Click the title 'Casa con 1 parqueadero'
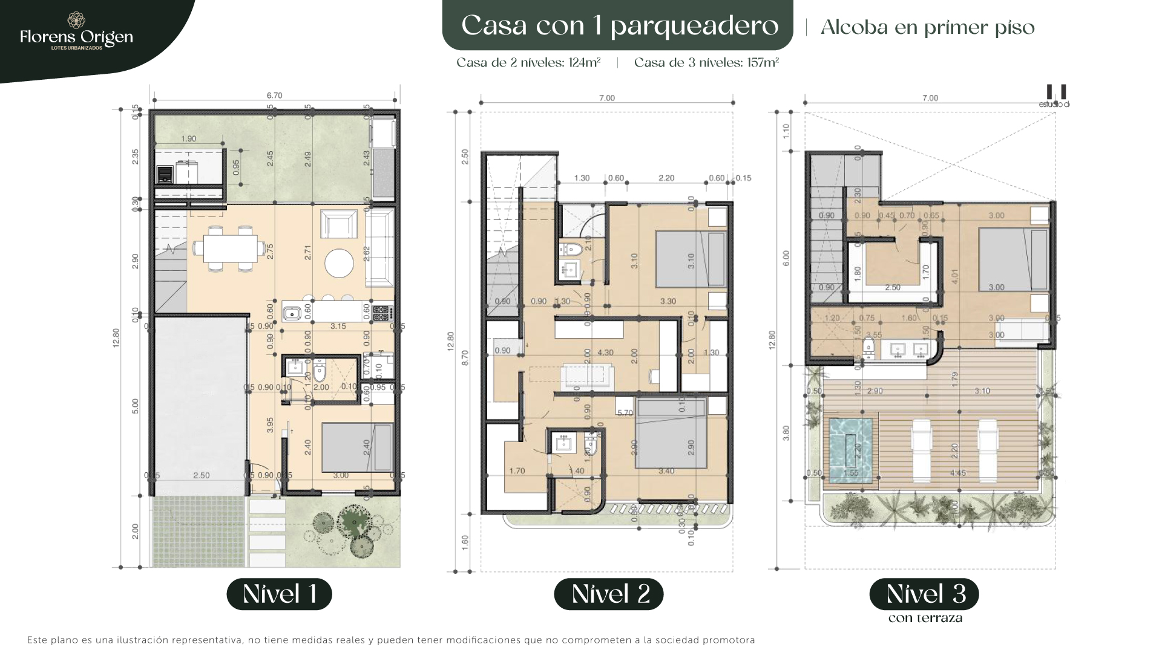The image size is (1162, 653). point(619,25)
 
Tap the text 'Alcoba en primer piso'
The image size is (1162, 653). point(927,27)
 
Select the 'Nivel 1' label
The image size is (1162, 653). point(279,594)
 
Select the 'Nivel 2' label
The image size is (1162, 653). point(608,594)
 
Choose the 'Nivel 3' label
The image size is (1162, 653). point(924,594)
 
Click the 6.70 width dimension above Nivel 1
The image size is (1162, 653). point(274,96)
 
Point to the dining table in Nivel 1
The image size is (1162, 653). point(228,248)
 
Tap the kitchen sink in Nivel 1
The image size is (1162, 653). point(292,313)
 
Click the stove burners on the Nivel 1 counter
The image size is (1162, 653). point(382,313)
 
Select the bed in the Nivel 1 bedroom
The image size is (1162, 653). point(356,447)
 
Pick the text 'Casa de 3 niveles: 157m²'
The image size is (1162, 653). point(706,63)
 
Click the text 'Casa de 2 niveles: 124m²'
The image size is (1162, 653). point(528,63)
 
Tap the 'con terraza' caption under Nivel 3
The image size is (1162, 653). point(925,618)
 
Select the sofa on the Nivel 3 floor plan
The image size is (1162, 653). point(1022,330)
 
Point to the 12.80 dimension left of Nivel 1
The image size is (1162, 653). point(116,337)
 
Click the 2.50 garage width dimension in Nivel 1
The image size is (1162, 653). point(201,475)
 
